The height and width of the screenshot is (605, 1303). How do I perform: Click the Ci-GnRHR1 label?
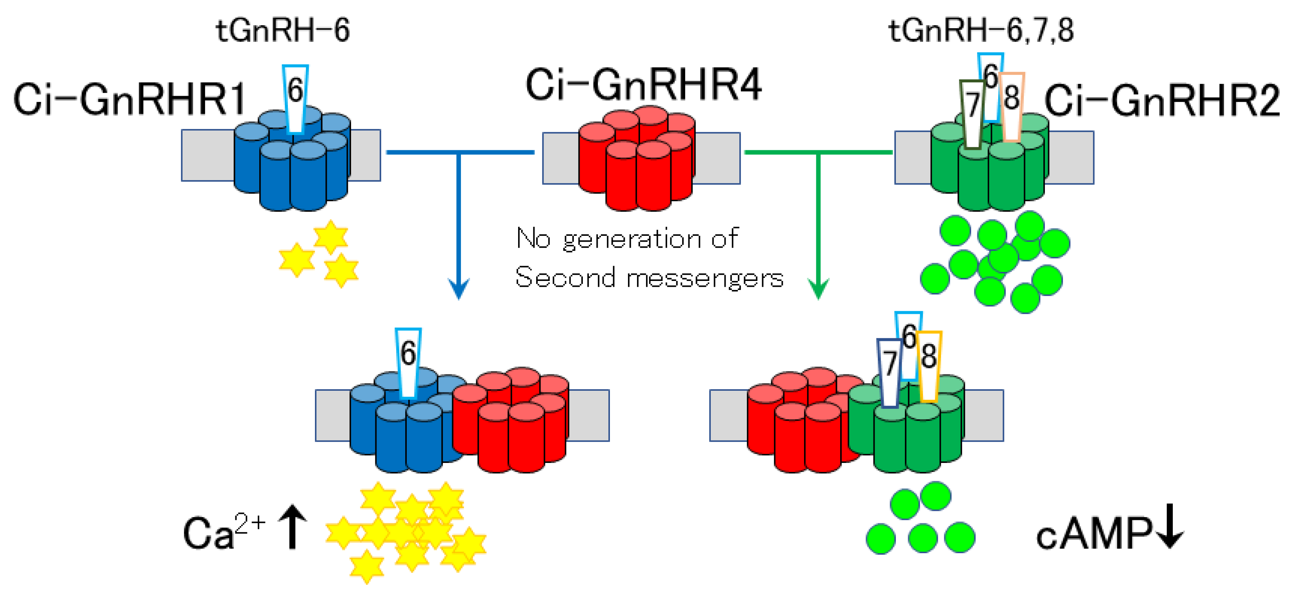point(129,100)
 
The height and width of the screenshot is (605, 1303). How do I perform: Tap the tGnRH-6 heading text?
point(283,30)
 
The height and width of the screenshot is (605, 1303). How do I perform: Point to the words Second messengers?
point(649,278)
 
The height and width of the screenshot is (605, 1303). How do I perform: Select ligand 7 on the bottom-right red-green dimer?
point(889,372)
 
